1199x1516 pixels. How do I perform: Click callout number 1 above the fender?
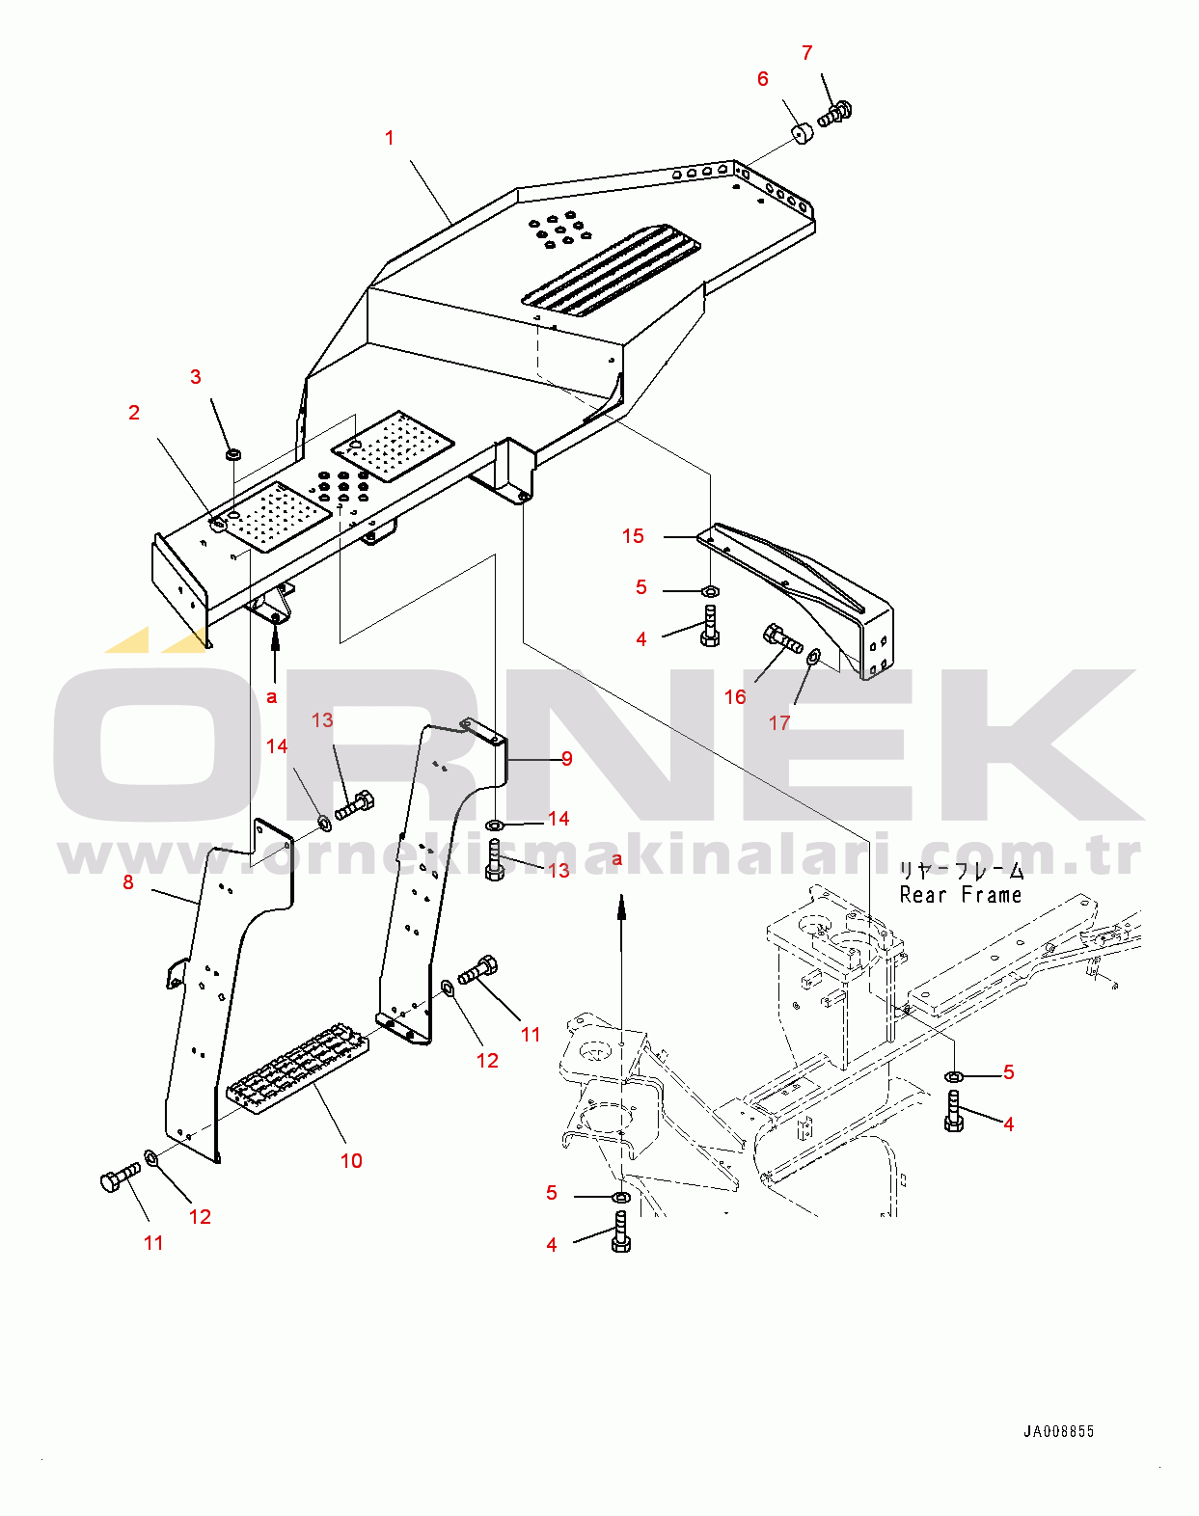(x=389, y=138)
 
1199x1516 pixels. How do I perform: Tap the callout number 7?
(x=807, y=53)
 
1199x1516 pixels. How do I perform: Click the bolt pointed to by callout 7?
(x=835, y=114)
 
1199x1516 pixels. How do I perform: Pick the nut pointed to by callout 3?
(x=233, y=453)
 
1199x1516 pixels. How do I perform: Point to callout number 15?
(x=633, y=536)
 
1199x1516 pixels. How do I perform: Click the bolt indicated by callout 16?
(x=783, y=638)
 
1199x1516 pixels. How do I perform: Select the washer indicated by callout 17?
(x=813, y=657)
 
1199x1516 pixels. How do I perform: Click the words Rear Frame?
(x=961, y=895)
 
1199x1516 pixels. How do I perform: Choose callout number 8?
(x=127, y=882)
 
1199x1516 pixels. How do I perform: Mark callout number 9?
(x=567, y=759)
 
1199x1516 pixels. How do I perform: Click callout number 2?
(x=134, y=413)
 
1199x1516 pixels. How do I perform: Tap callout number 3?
(x=196, y=377)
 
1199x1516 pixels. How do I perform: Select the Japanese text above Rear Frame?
(x=962, y=871)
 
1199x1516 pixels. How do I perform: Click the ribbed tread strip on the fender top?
(x=612, y=270)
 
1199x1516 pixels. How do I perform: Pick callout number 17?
(x=778, y=722)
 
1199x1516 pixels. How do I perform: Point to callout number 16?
(x=734, y=697)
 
